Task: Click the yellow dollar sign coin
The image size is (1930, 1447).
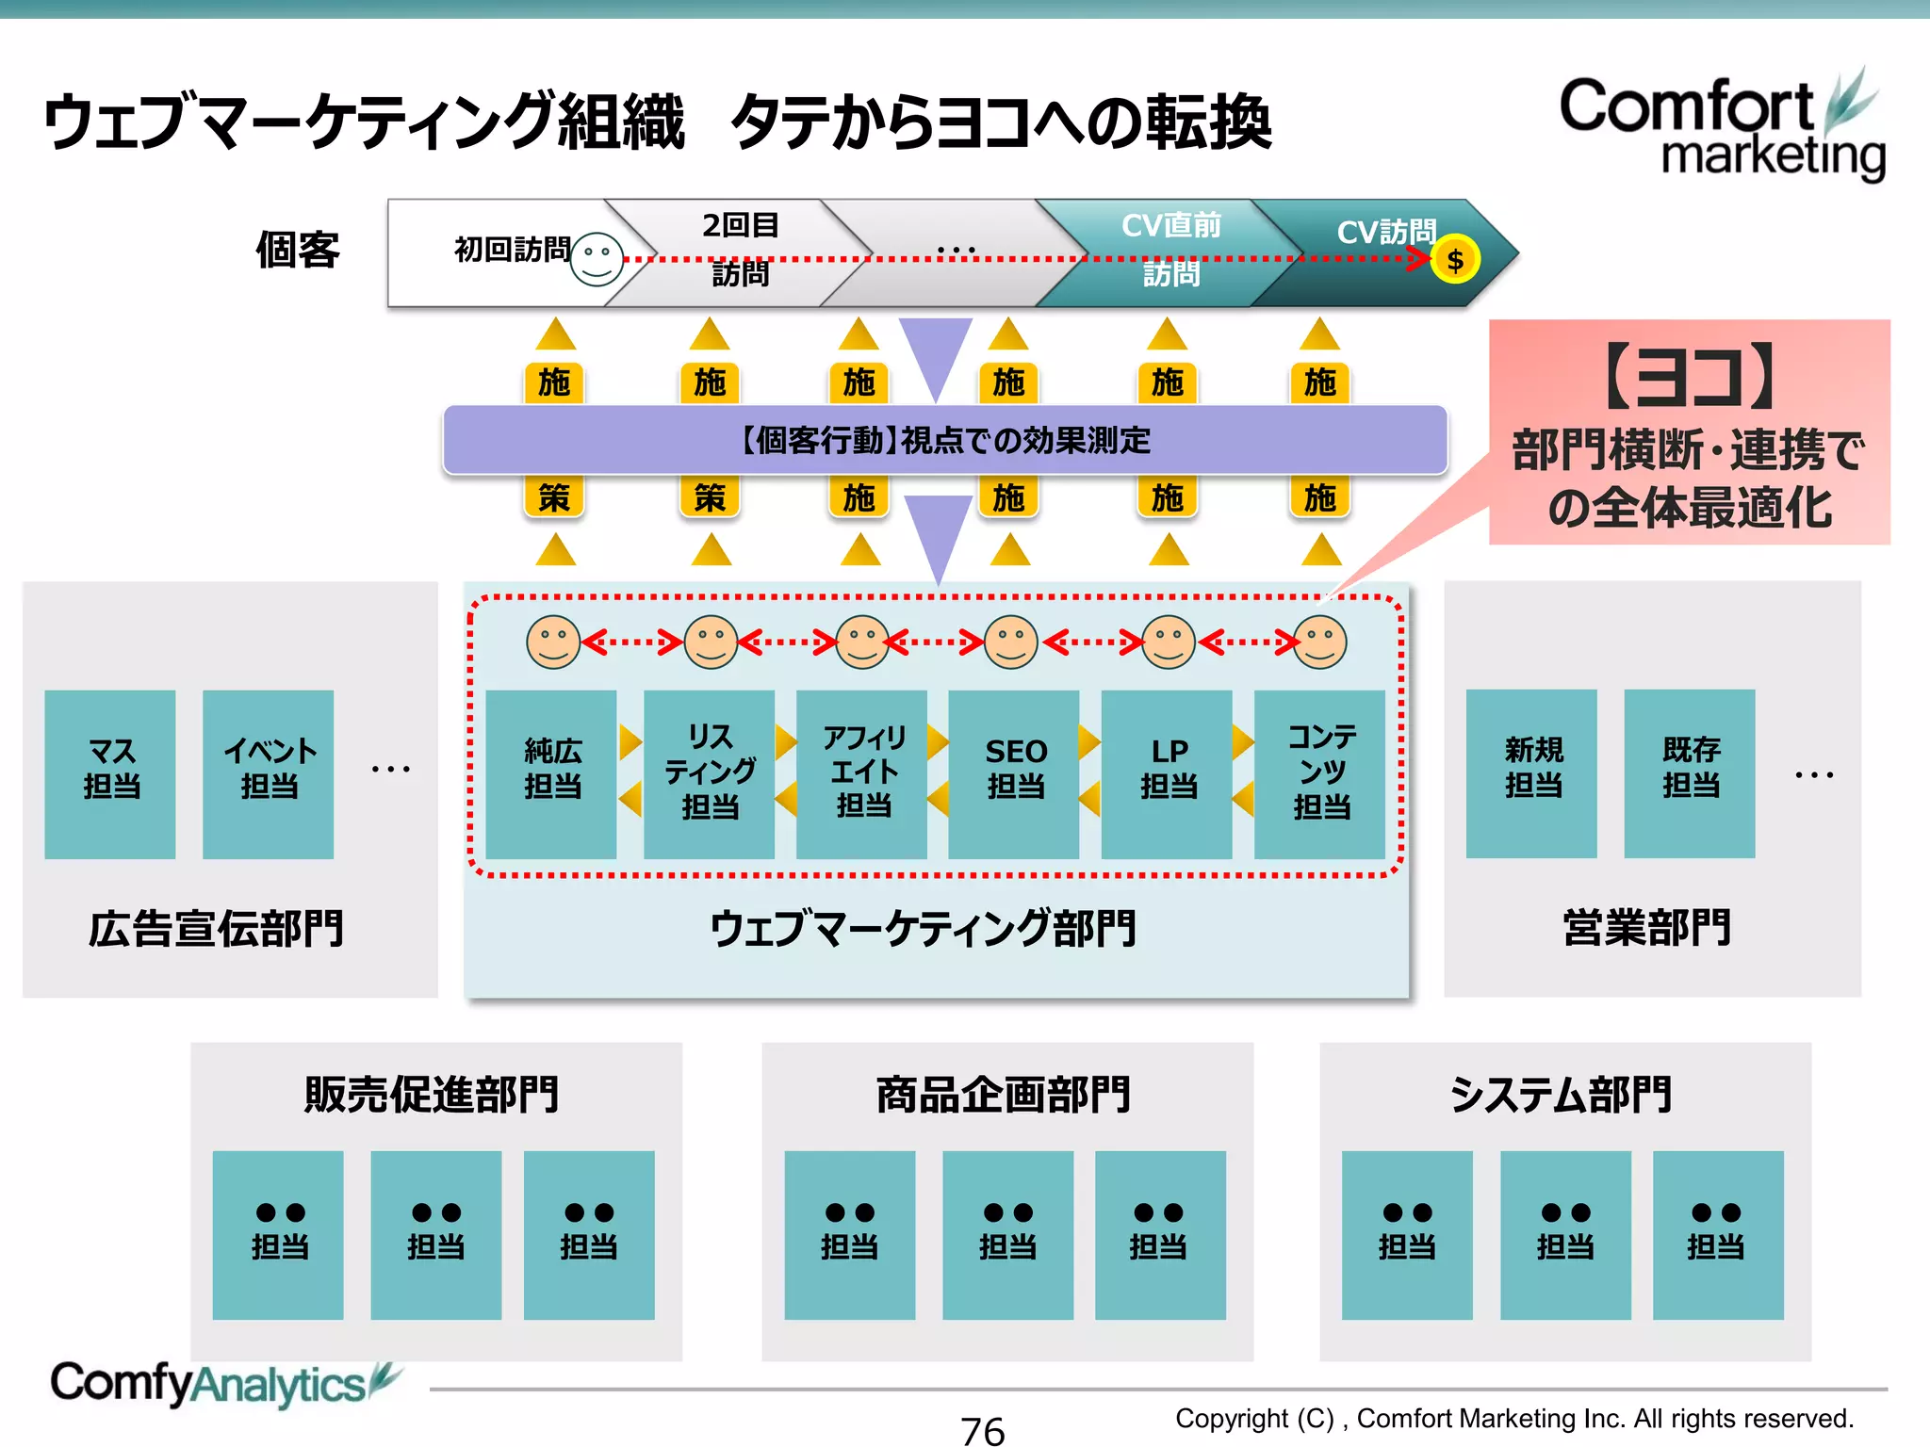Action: pos(1454,260)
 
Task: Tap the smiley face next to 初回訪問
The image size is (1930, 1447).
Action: pos(597,259)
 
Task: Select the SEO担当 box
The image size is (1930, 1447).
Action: pos(1014,773)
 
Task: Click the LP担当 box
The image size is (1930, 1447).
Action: pos(1167,773)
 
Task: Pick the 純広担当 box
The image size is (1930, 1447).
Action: pos(551,773)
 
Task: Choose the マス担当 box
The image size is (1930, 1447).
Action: pos(110,773)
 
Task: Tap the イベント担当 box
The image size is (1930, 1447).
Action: pos(269,773)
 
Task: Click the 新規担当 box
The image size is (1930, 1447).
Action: pos(1531,772)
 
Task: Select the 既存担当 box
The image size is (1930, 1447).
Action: pos(1690,772)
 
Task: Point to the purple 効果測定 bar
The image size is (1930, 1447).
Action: pos(945,440)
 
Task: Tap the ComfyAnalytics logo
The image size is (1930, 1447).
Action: pos(222,1384)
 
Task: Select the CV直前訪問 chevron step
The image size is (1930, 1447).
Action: pos(1169,251)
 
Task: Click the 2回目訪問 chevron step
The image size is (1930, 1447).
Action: pos(740,251)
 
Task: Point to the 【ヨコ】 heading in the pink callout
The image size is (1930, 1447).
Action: pos(1690,377)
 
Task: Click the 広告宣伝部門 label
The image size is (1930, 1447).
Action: pos(216,929)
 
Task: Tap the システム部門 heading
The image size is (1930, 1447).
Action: pos(1562,1095)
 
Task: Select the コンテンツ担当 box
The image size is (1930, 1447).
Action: pos(1320,773)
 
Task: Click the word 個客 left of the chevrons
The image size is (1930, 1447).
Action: pos(298,251)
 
